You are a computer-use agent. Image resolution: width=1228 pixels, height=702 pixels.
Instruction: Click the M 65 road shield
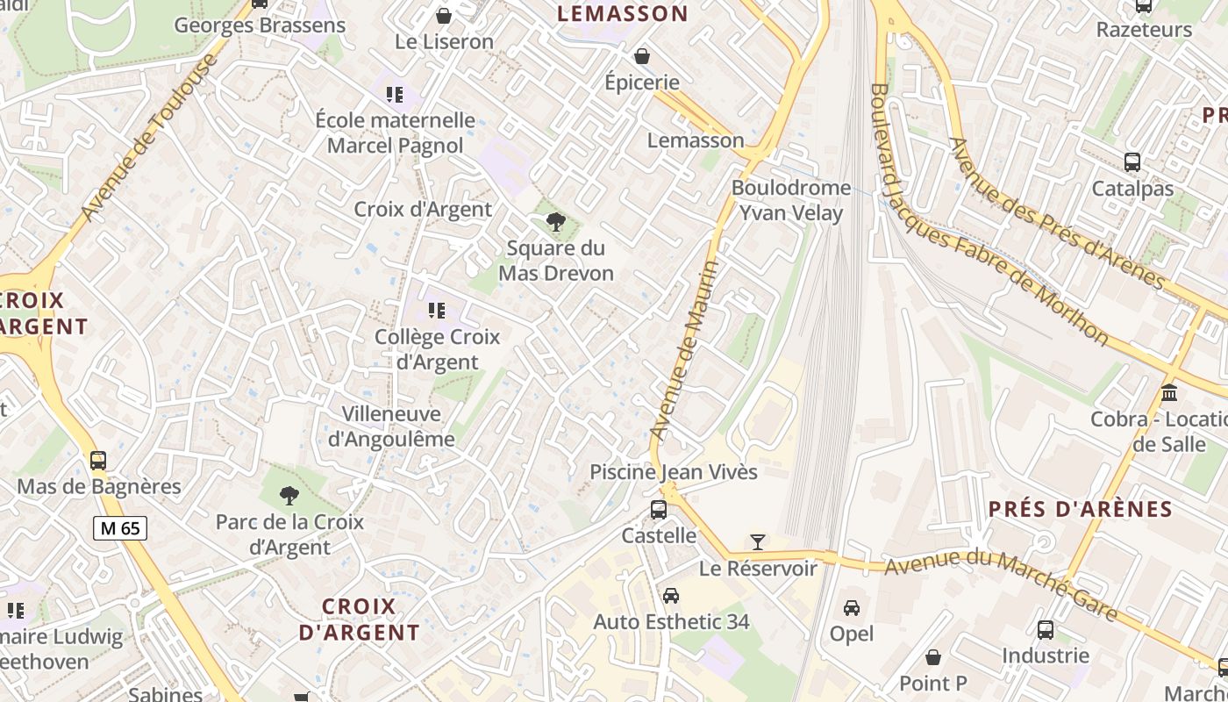120,528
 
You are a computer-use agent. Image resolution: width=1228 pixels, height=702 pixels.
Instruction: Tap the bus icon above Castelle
658,509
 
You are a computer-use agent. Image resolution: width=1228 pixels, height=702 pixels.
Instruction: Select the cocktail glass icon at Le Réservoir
758,542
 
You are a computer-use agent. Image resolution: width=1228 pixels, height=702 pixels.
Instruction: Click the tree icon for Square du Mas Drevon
555,221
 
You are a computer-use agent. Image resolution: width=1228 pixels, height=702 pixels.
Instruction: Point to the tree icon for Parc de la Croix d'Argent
289,496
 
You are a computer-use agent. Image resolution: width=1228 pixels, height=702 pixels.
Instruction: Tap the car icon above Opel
851,607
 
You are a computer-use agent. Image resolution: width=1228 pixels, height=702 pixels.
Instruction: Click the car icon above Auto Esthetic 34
671,596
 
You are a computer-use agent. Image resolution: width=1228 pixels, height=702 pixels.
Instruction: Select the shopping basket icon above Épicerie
642,56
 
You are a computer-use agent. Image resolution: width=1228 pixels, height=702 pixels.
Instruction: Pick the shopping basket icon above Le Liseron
444,16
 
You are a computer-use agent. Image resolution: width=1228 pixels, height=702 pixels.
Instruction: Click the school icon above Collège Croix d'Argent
437,310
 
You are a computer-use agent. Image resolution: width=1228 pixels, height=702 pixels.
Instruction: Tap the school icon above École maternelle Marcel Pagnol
395,94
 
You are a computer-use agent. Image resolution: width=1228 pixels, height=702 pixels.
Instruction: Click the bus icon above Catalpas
1132,162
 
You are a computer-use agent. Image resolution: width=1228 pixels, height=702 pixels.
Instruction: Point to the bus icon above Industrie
1046,629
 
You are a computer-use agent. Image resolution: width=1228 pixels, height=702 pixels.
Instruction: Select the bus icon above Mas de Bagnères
98,461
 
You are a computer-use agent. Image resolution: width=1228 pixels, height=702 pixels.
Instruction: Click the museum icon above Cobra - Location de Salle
1169,392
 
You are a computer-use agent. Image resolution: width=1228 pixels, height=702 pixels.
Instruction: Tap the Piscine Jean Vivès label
673,472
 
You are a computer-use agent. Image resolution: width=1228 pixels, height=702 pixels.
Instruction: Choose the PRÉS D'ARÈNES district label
1080,509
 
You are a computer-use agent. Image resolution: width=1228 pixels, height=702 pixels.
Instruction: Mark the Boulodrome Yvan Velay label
791,200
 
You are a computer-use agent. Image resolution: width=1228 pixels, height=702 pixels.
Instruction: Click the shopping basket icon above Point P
933,657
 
